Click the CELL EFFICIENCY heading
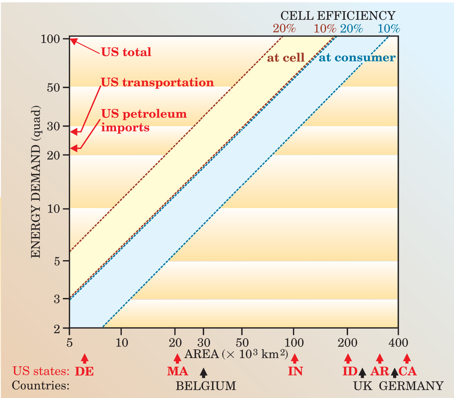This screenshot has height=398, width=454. tap(338, 15)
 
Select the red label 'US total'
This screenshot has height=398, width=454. tap(126, 52)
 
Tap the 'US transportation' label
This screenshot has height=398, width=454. tap(157, 82)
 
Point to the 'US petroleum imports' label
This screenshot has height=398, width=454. tap(144, 121)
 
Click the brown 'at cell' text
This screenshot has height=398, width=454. tap(285, 58)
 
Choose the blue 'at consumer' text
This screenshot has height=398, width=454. tap(357, 58)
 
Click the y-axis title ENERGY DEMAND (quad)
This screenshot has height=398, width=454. tap(36, 182)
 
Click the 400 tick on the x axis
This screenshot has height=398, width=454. tap(398, 342)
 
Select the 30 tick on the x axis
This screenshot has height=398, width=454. tap(204, 342)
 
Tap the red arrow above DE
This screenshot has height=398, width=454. tap(85, 358)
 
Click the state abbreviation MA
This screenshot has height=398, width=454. tap(177, 371)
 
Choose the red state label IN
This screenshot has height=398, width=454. tap(295, 371)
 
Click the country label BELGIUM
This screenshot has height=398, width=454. tap(206, 386)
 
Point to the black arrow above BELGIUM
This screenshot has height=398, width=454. tap(204, 372)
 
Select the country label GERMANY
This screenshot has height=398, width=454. tap(411, 386)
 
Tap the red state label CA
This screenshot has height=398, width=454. tap(408, 371)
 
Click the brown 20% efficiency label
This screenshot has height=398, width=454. tap(284, 28)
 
